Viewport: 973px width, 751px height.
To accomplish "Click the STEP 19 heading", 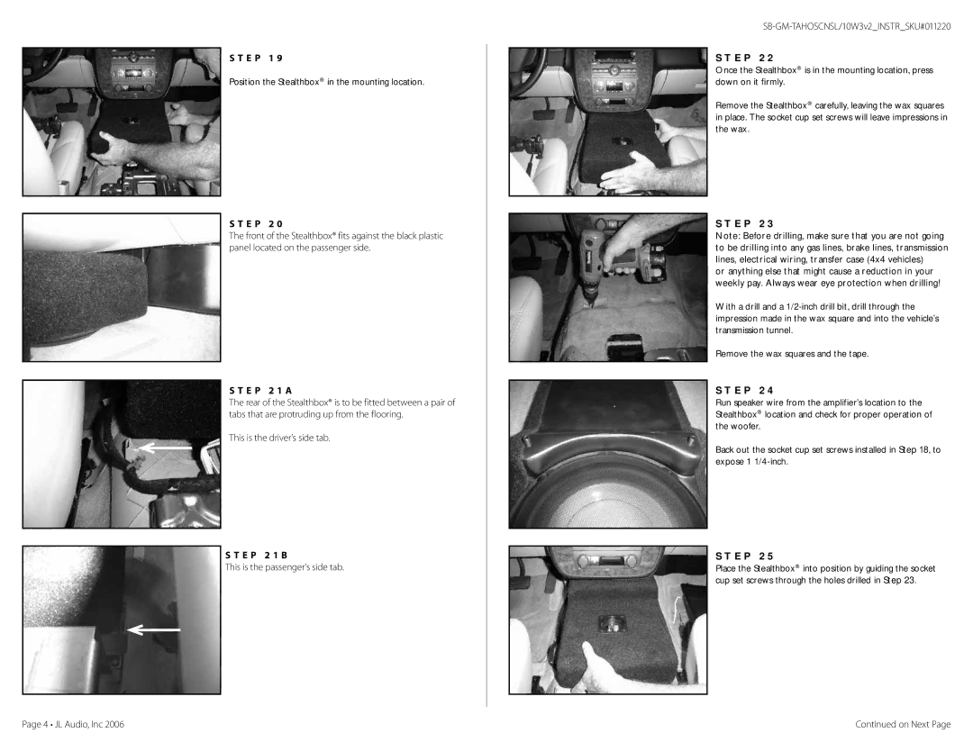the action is tap(256, 59).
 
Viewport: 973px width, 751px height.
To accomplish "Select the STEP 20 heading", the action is tap(256, 224).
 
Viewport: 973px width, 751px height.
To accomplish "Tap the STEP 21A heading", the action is tap(260, 391).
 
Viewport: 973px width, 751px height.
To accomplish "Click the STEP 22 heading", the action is tap(745, 59).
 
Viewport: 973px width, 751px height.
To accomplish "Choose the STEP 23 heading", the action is tap(745, 224).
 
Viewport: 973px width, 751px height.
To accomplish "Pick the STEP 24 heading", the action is tap(745, 391).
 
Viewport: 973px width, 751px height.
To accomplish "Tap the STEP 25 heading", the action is tap(745, 556).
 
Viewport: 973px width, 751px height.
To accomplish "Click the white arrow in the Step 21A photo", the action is tap(165, 448).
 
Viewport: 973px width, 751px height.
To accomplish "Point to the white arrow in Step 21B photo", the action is tap(154, 630).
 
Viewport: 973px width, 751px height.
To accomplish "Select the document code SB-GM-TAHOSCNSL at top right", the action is tap(801, 27).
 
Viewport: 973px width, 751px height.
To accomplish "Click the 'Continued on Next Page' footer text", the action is tap(903, 724).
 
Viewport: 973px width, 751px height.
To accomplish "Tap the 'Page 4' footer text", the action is tap(35, 724).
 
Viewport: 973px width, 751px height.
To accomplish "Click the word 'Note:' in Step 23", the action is tap(727, 236).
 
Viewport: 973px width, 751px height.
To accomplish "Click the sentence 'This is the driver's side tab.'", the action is tap(279, 438).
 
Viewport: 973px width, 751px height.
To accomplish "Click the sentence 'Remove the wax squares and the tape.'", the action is tap(792, 354).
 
